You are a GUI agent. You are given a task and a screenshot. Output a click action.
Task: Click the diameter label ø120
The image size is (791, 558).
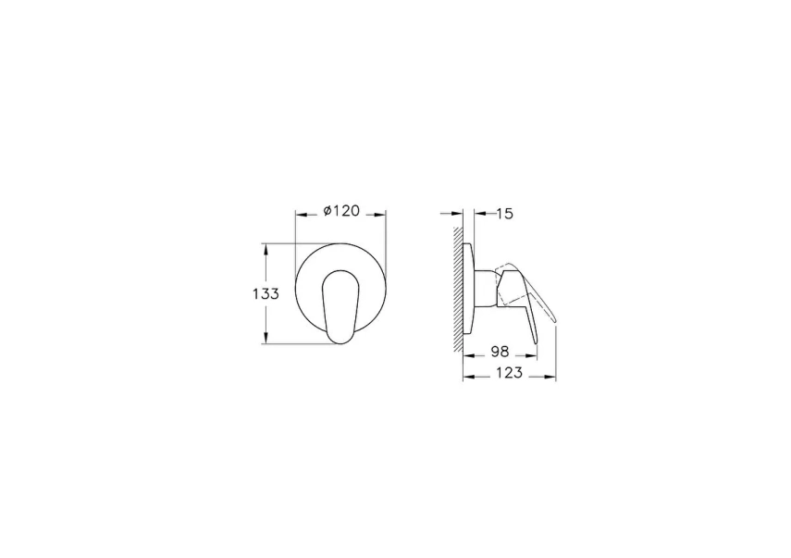341,210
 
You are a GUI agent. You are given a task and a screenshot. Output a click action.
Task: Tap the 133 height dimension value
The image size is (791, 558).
266,293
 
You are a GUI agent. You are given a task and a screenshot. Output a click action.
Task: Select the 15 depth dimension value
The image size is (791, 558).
504,214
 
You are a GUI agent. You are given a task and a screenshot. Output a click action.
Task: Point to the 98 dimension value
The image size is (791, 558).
500,351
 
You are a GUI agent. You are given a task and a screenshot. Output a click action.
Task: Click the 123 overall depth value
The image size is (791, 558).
509,373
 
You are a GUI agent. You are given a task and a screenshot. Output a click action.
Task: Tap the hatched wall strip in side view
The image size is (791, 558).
458,288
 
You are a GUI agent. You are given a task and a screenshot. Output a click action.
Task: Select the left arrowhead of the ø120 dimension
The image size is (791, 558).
302,215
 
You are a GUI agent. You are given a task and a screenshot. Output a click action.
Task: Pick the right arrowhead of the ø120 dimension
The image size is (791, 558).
380,215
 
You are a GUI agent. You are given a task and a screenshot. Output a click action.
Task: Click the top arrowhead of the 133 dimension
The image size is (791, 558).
266,249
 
